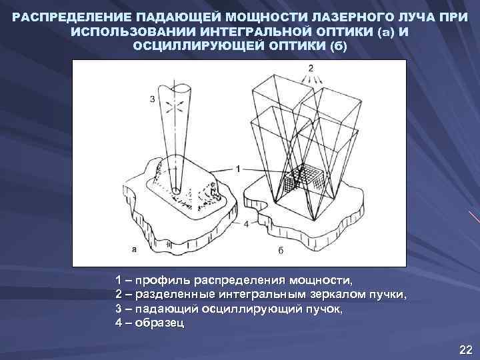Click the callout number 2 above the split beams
311,69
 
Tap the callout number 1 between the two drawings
239,170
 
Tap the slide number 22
465,350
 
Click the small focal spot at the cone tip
177,191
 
